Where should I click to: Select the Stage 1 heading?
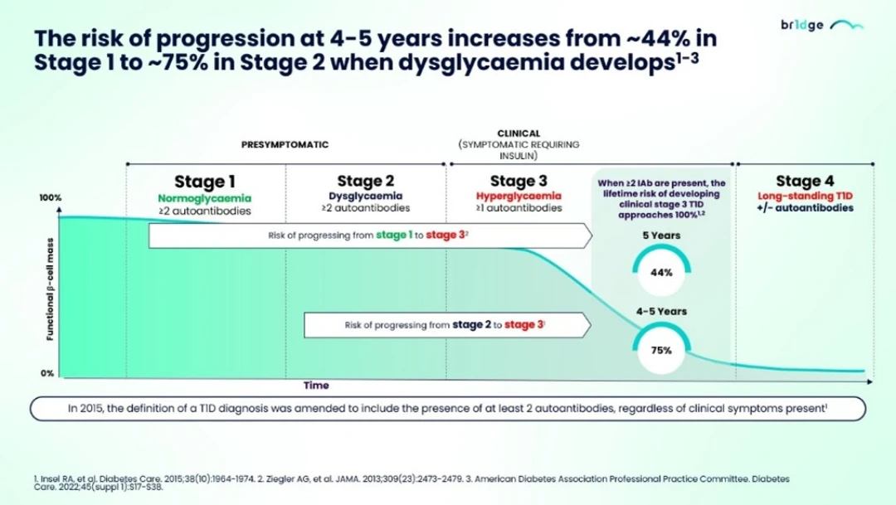tap(204, 182)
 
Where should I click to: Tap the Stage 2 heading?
tap(365, 182)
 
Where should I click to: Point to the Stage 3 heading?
tap(519, 182)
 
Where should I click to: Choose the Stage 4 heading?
tap(804, 182)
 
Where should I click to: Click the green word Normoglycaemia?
tap(204, 198)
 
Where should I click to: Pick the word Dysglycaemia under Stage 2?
tap(365, 197)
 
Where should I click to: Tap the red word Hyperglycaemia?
tap(519, 197)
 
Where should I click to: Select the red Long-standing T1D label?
tap(804, 197)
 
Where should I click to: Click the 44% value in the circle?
tap(661, 272)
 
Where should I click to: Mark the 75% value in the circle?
tap(661, 350)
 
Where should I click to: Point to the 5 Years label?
tap(661, 236)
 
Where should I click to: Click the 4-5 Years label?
tap(661, 312)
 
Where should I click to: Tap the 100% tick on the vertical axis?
tap(51, 198)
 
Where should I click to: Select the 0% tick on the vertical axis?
tap(46, 373)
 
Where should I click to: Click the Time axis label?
tap(315, 386)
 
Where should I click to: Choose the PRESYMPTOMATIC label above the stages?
tap(285, 144)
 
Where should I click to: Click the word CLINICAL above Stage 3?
tap(519, 133)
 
